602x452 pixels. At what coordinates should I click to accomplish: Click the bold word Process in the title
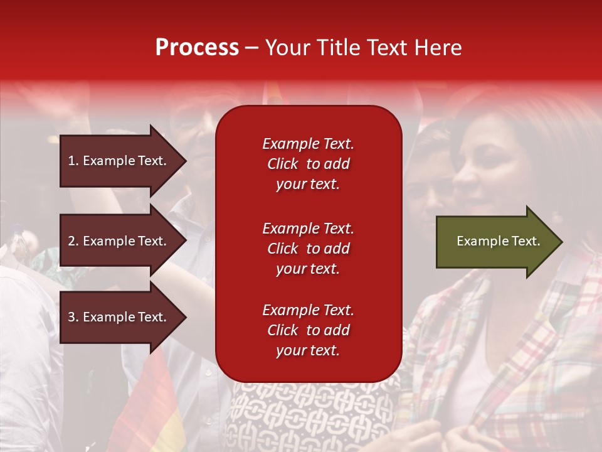pyautogui.click(x=197, y=48)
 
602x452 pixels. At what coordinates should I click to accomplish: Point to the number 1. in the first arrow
pyautogui.click(x=73, y=161)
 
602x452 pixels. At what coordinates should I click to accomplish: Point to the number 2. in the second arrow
pyautogui.click(x=73, y=241)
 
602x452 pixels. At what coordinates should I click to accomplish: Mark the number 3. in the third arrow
pyautogui.click(x=73, y=317)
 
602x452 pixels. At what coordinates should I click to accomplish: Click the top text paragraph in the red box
pyautogui.click(x=308, y=164)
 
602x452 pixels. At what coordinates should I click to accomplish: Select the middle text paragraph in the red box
pyautogui.click(x=308, y=249)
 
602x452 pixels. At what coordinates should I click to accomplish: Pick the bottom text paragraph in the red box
pyautogui.click(x=308, y=330)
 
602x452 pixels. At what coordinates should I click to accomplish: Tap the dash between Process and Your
pyautogui.click(x=251, y=48)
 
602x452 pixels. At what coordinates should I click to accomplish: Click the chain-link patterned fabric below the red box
pyautogui.click(x=314, y=414)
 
